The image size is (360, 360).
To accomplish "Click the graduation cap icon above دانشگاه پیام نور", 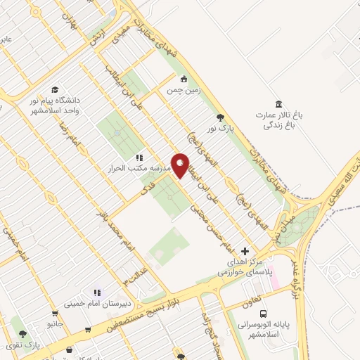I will coord(54,90).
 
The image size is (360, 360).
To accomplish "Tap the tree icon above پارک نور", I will coord(221,117).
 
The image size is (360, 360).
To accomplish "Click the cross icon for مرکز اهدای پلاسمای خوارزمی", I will coord(245,251).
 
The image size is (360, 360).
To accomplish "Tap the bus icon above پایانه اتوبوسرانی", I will coord(263,314).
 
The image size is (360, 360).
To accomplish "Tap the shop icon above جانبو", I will coord(56,314).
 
